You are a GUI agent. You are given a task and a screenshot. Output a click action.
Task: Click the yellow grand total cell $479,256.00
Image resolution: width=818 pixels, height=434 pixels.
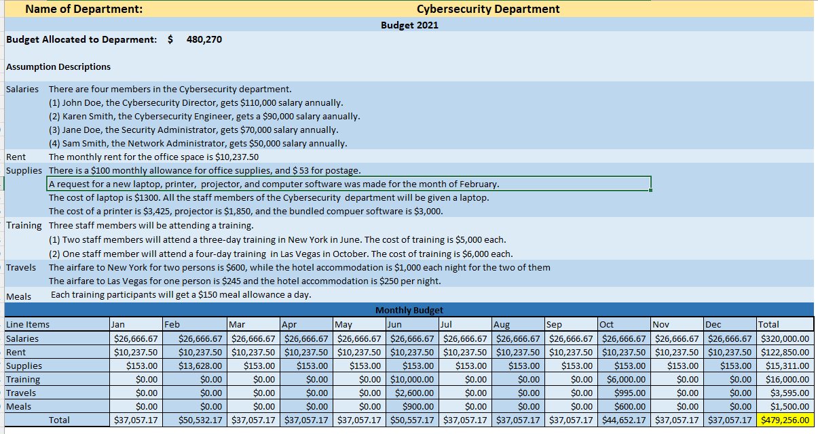(x=785, y=420)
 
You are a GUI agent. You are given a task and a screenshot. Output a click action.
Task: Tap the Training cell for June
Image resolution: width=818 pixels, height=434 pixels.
(x=412, y=380)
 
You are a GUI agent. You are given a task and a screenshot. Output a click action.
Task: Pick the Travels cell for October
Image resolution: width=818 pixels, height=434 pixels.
(x=624, y=393)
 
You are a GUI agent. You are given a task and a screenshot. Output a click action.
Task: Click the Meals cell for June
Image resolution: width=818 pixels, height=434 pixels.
(x=412, y=407)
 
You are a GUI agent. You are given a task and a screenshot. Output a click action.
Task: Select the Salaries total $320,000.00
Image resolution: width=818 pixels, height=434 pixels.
(x=785, y=338)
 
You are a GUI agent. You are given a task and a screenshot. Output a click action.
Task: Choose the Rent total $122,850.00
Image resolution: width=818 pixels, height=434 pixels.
(x=785, y=353)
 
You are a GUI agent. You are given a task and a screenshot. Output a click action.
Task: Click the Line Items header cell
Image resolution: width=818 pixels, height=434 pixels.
(x=28, y=324)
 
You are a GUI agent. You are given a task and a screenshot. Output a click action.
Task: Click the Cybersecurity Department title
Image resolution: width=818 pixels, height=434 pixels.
(x=487, y=9)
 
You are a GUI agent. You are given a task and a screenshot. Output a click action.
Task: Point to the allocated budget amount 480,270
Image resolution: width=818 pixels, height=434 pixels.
(x=204, y=39)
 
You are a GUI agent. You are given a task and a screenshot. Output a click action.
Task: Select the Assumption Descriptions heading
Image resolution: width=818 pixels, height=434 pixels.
(x=58, y=66)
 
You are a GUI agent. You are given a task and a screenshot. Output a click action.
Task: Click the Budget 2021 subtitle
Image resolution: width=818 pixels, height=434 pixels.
(x=409, y=25)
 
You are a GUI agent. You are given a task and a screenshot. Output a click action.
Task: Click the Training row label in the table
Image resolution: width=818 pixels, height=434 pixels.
(x=23, y=380)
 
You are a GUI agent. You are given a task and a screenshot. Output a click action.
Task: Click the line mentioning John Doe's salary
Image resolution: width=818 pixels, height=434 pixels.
(x=196, y=103)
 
